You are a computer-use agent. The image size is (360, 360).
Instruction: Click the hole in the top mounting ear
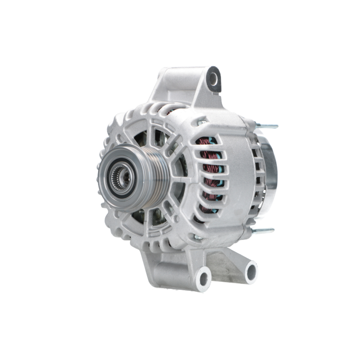pyautogui.click(x=213, y=78)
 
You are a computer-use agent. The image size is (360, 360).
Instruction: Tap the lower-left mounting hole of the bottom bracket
pyautogui.click(x=204, y=278)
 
